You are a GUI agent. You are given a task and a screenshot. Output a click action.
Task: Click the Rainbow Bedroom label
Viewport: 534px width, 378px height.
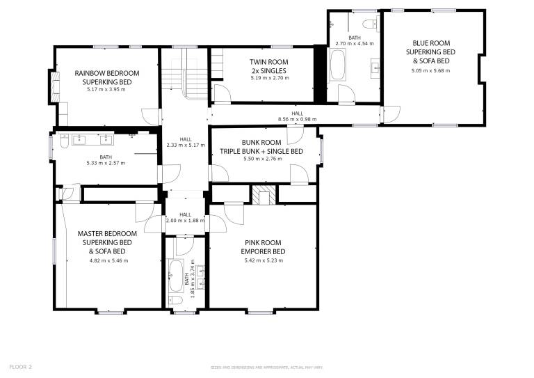107,73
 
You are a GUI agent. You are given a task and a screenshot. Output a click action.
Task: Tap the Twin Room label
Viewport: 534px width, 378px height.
268,62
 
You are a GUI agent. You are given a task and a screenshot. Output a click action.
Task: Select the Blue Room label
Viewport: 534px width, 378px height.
431,43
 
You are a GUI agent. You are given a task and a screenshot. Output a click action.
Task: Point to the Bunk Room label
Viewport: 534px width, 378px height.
261,143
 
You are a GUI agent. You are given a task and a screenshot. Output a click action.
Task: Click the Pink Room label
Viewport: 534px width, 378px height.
263,243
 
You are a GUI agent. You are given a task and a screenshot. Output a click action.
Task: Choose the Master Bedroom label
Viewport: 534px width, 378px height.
107,234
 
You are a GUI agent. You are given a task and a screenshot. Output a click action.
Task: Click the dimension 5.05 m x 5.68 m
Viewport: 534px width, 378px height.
430,71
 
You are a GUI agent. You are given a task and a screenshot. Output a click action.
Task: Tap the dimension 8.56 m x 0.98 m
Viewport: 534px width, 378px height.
297,119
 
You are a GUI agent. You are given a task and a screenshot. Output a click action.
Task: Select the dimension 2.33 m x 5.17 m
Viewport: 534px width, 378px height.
186,145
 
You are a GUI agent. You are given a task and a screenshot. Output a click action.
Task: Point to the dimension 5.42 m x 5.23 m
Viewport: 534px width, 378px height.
264,261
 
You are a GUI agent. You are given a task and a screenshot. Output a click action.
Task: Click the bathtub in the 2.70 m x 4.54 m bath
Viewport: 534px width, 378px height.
337,65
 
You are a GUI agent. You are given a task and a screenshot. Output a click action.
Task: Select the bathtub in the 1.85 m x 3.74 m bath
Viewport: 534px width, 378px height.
176,276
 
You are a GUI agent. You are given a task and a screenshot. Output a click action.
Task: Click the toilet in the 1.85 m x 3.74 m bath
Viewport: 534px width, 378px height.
175,300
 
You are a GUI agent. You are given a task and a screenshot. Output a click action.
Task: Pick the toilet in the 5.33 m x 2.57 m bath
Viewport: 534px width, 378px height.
65,141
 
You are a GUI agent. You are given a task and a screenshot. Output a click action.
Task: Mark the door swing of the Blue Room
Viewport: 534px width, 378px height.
391,115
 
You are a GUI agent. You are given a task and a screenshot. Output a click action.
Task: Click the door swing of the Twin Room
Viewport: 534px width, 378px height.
222,93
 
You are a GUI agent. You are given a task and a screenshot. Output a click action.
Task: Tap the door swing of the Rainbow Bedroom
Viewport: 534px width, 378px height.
150,116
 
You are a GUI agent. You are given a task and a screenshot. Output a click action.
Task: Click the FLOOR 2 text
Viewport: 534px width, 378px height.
20,367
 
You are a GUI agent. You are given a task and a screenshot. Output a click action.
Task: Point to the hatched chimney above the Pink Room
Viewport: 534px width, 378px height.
264,195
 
